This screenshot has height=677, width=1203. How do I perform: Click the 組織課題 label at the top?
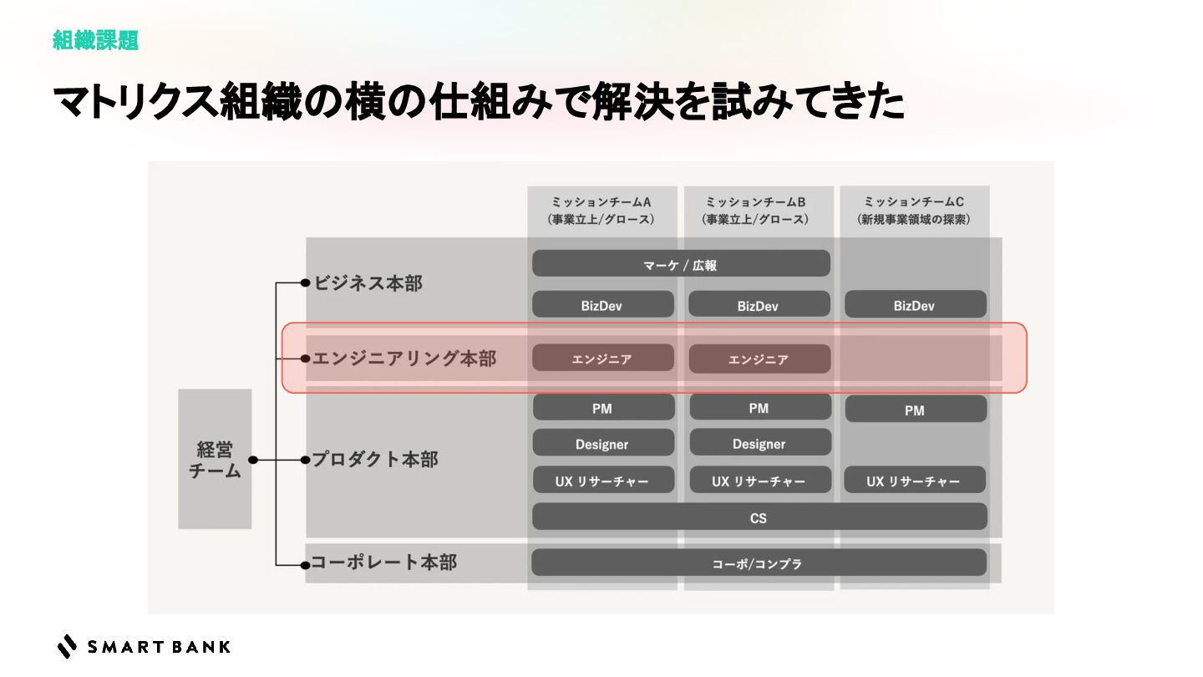(x=95, y=40)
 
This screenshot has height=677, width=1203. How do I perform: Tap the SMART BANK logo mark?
(x=67, y=646)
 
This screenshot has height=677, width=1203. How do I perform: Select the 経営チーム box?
(x=215, y=459)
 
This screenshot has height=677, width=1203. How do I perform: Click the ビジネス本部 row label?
(x=368, y=283)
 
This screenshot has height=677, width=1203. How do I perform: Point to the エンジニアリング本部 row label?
(x=404, y=359)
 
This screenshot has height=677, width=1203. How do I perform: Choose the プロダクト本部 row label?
(x=375, y=460)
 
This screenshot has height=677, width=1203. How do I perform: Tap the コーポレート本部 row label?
(x=383, y=562)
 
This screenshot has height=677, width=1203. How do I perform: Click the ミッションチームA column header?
(x=601, y=211)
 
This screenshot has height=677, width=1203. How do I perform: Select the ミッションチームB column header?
(x=758, y=211)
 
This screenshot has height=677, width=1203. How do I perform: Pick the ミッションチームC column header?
(x=914, y=211)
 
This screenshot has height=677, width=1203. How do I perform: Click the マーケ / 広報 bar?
(x=681, y=264)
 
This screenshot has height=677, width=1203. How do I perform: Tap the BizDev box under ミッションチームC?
(x=915, y=305)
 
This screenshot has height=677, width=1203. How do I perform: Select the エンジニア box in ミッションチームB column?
(x=759, y=359)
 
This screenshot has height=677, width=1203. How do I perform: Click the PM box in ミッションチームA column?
(x=602, y=408)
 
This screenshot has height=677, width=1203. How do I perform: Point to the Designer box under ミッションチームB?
(x=759, y=443)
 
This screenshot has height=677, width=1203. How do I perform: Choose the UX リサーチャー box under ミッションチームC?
(x=914, y=481)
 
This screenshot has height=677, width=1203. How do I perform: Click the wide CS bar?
(x=759, y=517)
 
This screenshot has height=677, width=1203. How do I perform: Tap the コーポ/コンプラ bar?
(x=758, y=563)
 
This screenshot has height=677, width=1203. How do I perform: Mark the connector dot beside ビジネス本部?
(x=306, y=283)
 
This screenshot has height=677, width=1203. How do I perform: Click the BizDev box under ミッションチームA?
(x=602, y=305)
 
